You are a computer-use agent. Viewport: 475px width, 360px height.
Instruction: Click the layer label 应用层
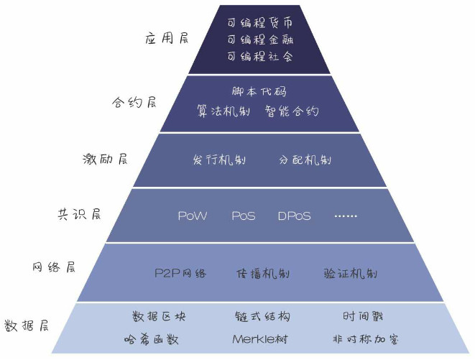coord(167,39)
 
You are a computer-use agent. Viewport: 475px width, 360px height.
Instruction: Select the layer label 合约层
coord(134,101)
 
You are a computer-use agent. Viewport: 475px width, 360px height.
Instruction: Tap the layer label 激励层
coord(105,159)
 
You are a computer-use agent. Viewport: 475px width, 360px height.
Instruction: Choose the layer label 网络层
coord(52,267)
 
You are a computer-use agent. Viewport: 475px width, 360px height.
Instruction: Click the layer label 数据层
coord(26,324)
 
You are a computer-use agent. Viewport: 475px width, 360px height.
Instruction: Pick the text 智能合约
coord(292,112)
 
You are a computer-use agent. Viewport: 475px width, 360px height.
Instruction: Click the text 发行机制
coord(219,159)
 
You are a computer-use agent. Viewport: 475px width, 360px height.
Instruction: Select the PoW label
coord(193,216)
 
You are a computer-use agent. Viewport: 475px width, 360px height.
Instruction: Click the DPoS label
coord(294,216)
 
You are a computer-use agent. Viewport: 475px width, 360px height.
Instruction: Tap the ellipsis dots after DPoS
coord(346,216)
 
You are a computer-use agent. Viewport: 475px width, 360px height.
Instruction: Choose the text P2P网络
coord(180,273)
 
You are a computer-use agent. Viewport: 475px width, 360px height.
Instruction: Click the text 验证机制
coord(350,273)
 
